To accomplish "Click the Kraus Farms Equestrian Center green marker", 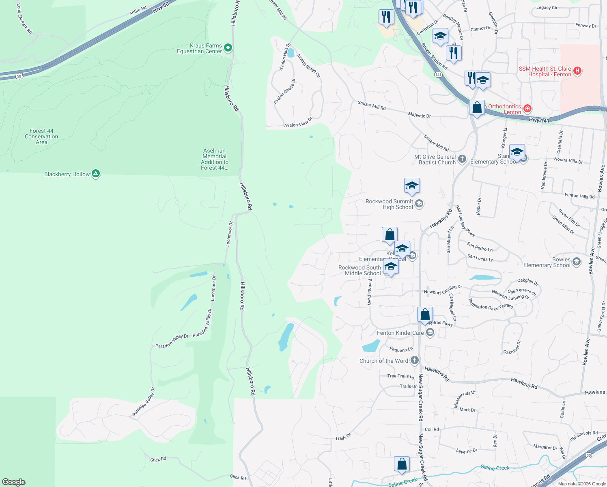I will [228, 48].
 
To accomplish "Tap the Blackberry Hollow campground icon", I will [96, 174].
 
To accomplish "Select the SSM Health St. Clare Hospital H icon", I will [577, 71].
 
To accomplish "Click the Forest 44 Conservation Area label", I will [41, 136].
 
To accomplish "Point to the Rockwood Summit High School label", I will [389, 204].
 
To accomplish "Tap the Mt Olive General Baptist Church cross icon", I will [462, 159].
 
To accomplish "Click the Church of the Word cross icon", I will [414, 360].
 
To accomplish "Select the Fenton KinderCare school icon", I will [430, 333].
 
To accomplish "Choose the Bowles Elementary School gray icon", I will [577, 262].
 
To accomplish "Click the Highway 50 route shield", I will [19, 76].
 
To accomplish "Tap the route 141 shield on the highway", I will [438, 75].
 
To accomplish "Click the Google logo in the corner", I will [14, 482].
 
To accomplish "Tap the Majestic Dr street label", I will [420, 115].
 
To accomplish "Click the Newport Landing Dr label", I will [443, 290].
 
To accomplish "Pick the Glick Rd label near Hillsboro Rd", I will [238, 477].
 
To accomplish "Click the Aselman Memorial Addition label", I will [215, 159].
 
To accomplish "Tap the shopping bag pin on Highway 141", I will [477, 108].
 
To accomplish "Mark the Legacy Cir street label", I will [547, 7].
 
